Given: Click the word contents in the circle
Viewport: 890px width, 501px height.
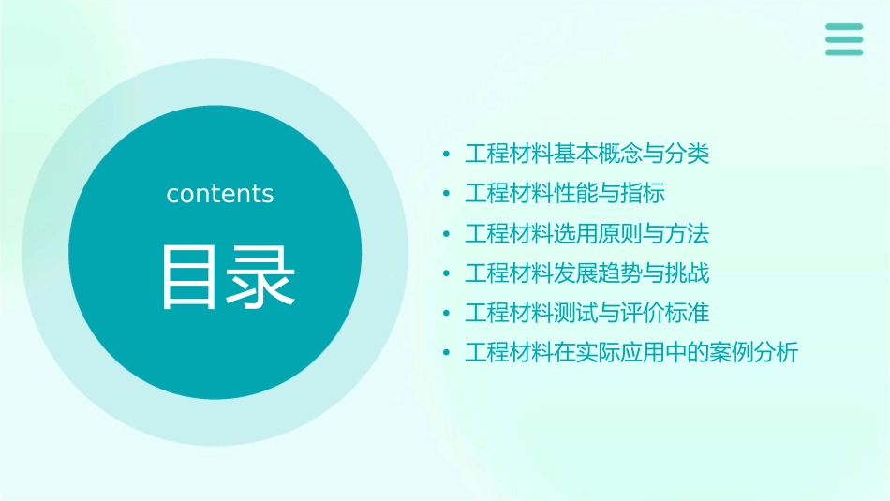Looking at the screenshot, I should pos(220,194).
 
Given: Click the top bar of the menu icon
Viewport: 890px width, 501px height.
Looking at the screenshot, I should pos(844,27).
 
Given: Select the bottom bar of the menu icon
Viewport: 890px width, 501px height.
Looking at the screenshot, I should pos(844,52).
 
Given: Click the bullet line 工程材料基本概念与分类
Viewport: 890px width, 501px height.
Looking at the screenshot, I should pos(587,154).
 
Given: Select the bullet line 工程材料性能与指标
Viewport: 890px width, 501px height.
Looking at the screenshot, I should pos(565,194).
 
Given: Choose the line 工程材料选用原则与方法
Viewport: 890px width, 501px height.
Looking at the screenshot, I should pos(587,233).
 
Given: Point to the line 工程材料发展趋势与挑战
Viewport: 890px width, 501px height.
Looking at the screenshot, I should pos(587,273).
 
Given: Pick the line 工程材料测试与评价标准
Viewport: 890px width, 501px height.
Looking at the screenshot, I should pos(587,313).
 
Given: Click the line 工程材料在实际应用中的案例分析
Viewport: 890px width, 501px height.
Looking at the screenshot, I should pos(631,353).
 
